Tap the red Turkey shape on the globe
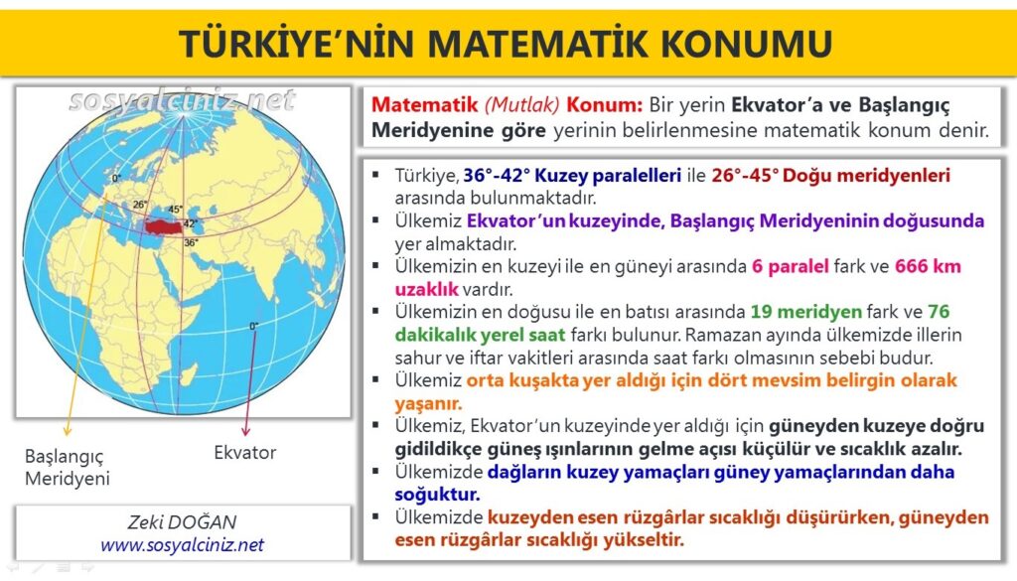tap(167, 227)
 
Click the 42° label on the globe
tap(190, 223)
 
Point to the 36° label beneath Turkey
tap(191, 242)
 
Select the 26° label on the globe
tap(139, 205)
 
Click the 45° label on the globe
tap(175, 209)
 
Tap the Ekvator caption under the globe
tap(245, 453)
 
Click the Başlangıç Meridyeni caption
tap(68, 467)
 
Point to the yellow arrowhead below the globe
tap(67, 430)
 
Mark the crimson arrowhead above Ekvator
tap(245, 430)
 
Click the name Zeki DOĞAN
tap(183, 522)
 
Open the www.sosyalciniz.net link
tap(183, 544)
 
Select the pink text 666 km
tap(928, 266)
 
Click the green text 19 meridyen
tap(805, 312)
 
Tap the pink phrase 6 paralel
tap(790, 266)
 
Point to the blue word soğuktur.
tap(437, 495)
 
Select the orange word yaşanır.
tap(428, 403)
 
